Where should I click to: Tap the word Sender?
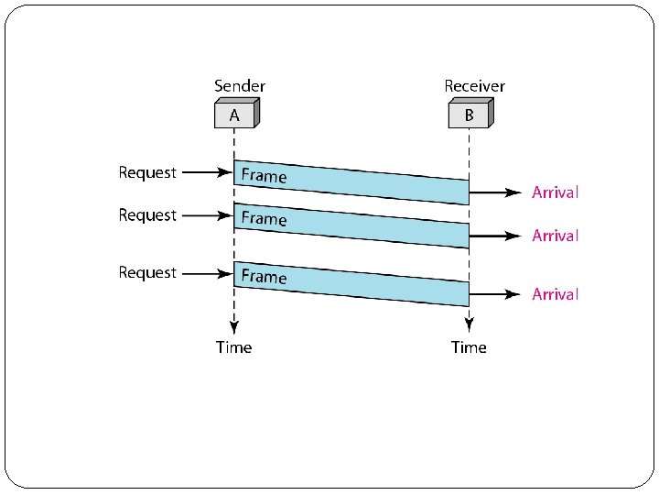[240, 86]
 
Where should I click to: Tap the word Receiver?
[474, 86]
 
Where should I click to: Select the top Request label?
[147, 172]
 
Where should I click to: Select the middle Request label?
[147, 215]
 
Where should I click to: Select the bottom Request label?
[147, 273]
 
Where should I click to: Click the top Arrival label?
[556, 192]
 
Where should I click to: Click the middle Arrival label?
[556, 236]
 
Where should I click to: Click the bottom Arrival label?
[556, 294]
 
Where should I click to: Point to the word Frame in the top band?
[264, 175]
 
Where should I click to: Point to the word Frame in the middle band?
[264, 218]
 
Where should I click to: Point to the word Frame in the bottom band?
[264, 276]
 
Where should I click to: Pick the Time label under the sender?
[233, 347]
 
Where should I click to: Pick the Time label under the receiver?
[469, 347]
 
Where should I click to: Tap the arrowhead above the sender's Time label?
[234, 324]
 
